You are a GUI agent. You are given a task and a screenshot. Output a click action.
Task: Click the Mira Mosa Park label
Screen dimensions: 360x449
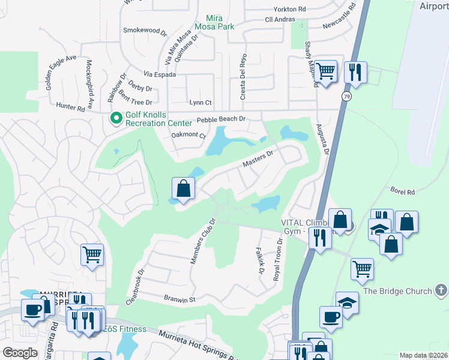pyautogui.click(x=219, y=22)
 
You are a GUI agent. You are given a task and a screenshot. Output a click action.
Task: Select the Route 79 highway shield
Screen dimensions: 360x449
pyautogui.click(x=346, y=96)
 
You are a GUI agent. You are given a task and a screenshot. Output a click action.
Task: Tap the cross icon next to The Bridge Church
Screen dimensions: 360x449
pyautogui.click(x=441, y=291)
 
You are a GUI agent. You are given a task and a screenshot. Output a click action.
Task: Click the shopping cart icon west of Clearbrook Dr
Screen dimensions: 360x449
pyautogui.click(x=92, y=254)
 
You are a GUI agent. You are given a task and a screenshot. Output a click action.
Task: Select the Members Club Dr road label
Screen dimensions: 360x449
pyautogui.click(x=202, y=240)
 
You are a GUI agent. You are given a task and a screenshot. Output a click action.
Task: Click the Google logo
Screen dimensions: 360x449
pyautogui.click(x=20, y=353)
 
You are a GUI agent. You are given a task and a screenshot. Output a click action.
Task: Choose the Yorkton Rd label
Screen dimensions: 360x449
pyautogui.click(x=289, y=10)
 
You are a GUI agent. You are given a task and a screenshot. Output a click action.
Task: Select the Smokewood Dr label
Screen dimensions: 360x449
pyautogui.click(x=144, y=29)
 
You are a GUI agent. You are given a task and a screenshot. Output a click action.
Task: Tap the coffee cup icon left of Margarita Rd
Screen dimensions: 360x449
pyautogui.click(x=32, y=310)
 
